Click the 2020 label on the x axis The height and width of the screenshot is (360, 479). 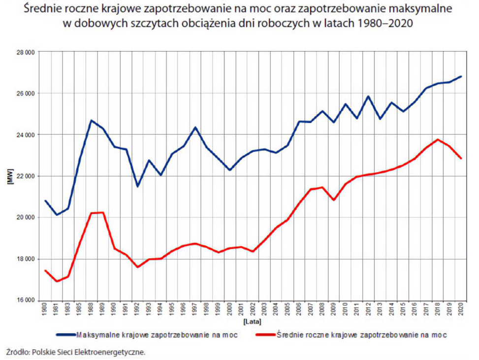tap(461, 310)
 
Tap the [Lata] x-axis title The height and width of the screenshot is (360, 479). tap(252, 322)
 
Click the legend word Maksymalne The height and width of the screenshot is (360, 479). tap(96, 335)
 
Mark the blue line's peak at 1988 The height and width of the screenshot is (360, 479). tap(92, 120)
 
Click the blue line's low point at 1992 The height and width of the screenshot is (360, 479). tap(138, 186)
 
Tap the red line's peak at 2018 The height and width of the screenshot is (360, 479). tap(438, 140)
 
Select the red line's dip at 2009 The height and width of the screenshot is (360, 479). tap(334, 200)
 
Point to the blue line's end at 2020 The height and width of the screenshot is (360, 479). tap(461, 76)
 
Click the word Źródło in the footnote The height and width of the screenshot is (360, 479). tap(17, 352)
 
